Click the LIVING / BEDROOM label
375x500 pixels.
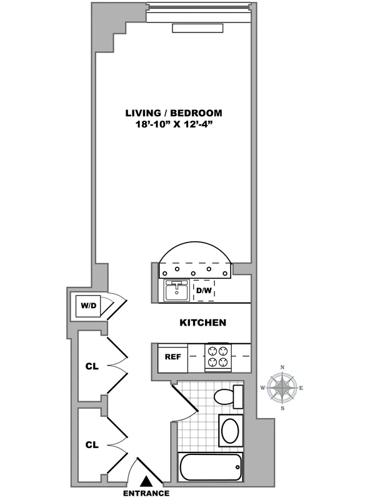point(174,113)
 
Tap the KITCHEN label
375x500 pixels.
point(202,323)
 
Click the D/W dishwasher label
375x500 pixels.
point(204,291)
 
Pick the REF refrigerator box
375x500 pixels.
point(172,357)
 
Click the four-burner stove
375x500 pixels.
point(218,357)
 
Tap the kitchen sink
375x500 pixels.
point(177,291)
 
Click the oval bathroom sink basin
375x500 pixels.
point(229,431)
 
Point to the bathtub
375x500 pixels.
point(210,467)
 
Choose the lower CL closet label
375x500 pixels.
point(92,445)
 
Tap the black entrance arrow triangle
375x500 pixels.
point(146,481)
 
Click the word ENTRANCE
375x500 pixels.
point(146,493)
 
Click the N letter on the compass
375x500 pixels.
point(282,367)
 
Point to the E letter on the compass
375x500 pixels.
point(302,388)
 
